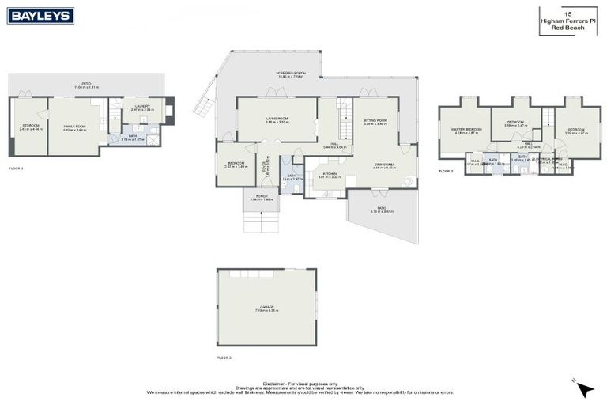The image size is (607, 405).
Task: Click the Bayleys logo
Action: [40, 15]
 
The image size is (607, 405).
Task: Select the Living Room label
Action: [277, 119]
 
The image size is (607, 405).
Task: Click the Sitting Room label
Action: [375, 122]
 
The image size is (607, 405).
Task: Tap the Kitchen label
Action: [329, 174]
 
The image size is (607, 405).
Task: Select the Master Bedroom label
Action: [466, 130]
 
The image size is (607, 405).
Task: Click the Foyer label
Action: [265, 167]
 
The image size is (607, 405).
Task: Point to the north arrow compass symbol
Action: [583, 388]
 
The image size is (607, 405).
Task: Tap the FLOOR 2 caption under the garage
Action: [224, 358]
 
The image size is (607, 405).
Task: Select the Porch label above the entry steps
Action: [261, 199]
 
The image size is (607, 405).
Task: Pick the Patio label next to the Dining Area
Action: [382, 210]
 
